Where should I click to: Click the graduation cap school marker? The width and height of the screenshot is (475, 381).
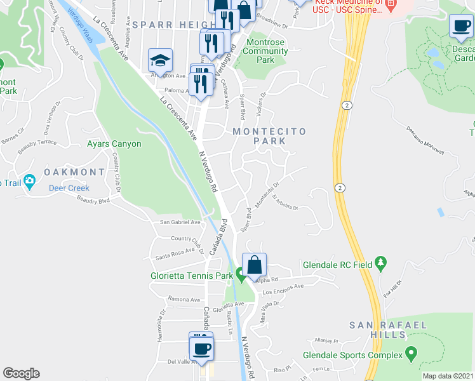161,61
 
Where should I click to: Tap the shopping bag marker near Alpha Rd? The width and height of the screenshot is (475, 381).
254,265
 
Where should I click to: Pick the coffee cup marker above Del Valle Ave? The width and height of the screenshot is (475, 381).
202,348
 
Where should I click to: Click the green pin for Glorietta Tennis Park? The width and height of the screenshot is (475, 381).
241,274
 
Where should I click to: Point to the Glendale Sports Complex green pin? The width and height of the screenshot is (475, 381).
411,352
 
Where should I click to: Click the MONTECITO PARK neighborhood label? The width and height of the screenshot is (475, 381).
269,136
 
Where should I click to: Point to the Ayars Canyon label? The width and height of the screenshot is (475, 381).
114,144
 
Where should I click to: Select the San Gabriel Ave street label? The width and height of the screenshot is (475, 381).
180,222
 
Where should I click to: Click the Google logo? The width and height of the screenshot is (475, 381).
21,373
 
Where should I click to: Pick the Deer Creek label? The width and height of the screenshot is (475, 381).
69,188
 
